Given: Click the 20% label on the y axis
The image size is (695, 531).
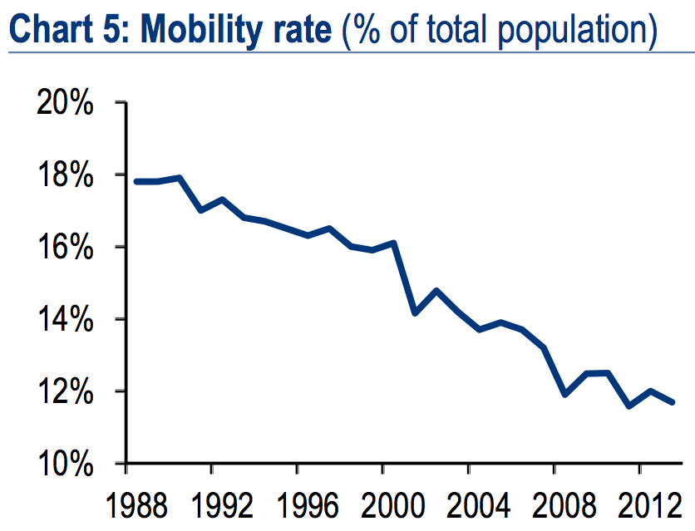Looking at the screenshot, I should pyautogui.click(x=65, y=103).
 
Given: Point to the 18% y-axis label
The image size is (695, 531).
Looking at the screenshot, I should pyautogui.click(x=65, y=175).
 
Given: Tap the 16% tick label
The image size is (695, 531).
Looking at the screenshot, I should pyautogui.click(x=65, y=248).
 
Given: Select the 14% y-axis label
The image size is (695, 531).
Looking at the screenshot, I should pyautogui.click(x=65, y=319).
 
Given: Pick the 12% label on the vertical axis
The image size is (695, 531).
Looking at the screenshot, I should pyautogui.click(x=65, y=391).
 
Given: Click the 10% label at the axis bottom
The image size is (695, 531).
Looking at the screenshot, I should pyautogui.click(x=65, y=463).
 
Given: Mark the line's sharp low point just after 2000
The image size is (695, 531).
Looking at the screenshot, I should pyautogui.click(x=414, y=313).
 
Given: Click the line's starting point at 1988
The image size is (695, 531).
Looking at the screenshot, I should pyautogui.click(x=136, y=181).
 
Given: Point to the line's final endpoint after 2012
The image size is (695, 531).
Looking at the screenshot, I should pyautogui.click(x=672, y=402).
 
